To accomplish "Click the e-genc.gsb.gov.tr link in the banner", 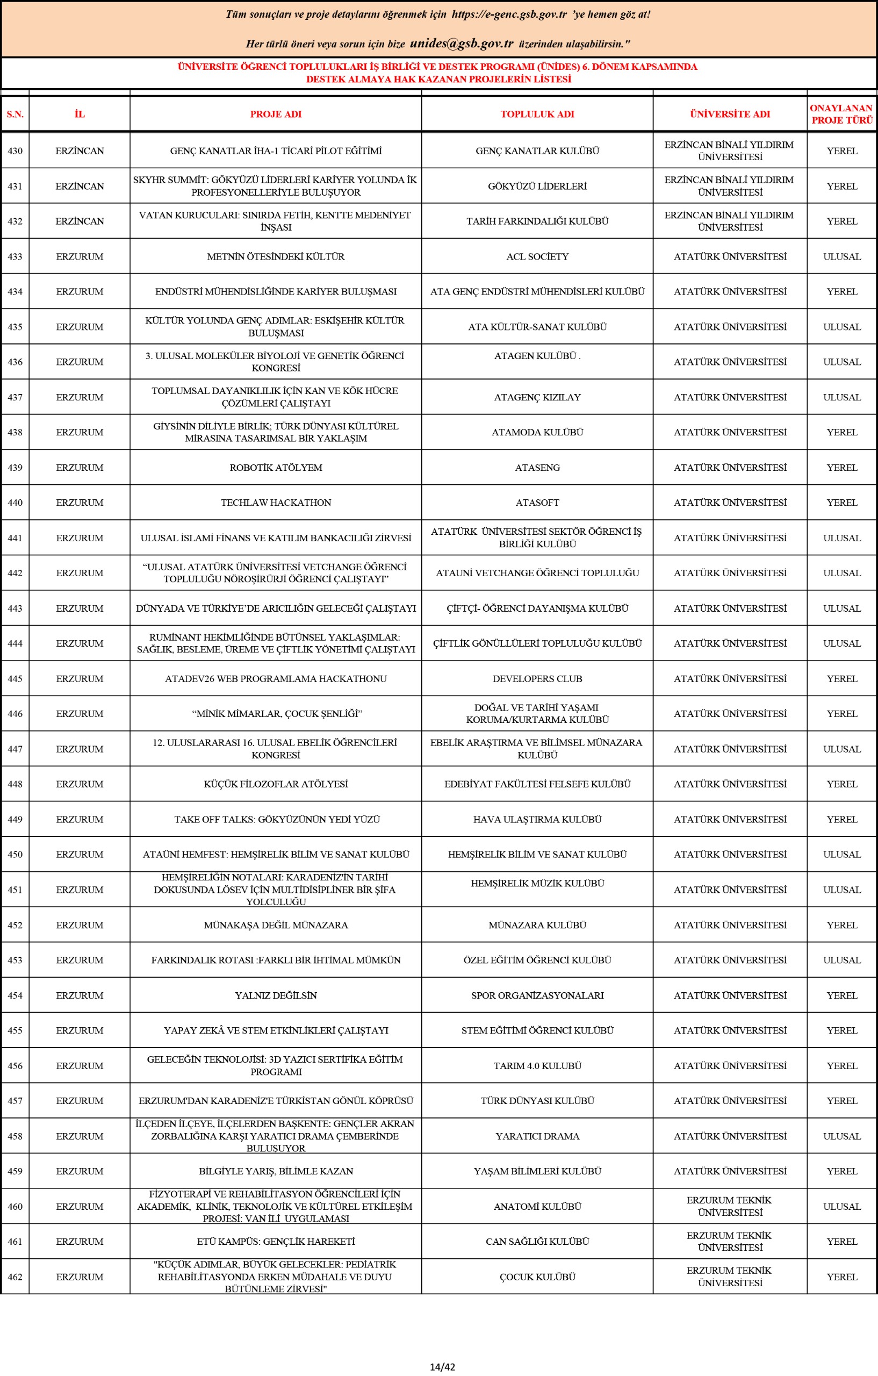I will [x=509, y=15].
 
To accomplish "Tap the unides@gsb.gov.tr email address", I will [x=462, y=44].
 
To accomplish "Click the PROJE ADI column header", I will [x=275, y=114].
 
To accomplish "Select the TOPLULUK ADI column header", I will [x=537, y=114].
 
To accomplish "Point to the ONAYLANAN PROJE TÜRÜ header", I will [x=841, y=114].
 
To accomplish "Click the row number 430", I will [x=15, y=151].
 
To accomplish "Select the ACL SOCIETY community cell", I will [x=537, y=256].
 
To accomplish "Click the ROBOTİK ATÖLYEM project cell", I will [x=276, y=468].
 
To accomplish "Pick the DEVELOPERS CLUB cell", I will [x=537, y=679].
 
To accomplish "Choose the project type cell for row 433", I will [x=841, y=256].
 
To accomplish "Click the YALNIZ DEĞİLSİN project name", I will [x=276, y=995].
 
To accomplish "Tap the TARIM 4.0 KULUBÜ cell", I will [x=537, y=1066].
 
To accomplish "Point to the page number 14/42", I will [x=442, y=1367].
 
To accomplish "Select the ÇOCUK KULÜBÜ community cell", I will [x=537, y=1277].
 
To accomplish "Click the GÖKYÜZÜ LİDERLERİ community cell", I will [x=537, y=187].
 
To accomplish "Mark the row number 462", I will [x=15, y=1277].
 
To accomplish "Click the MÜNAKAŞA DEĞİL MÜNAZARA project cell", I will [x=276, y=925].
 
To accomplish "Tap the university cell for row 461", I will [x=730, y=1241].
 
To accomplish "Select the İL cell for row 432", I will [x=80, y=221].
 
